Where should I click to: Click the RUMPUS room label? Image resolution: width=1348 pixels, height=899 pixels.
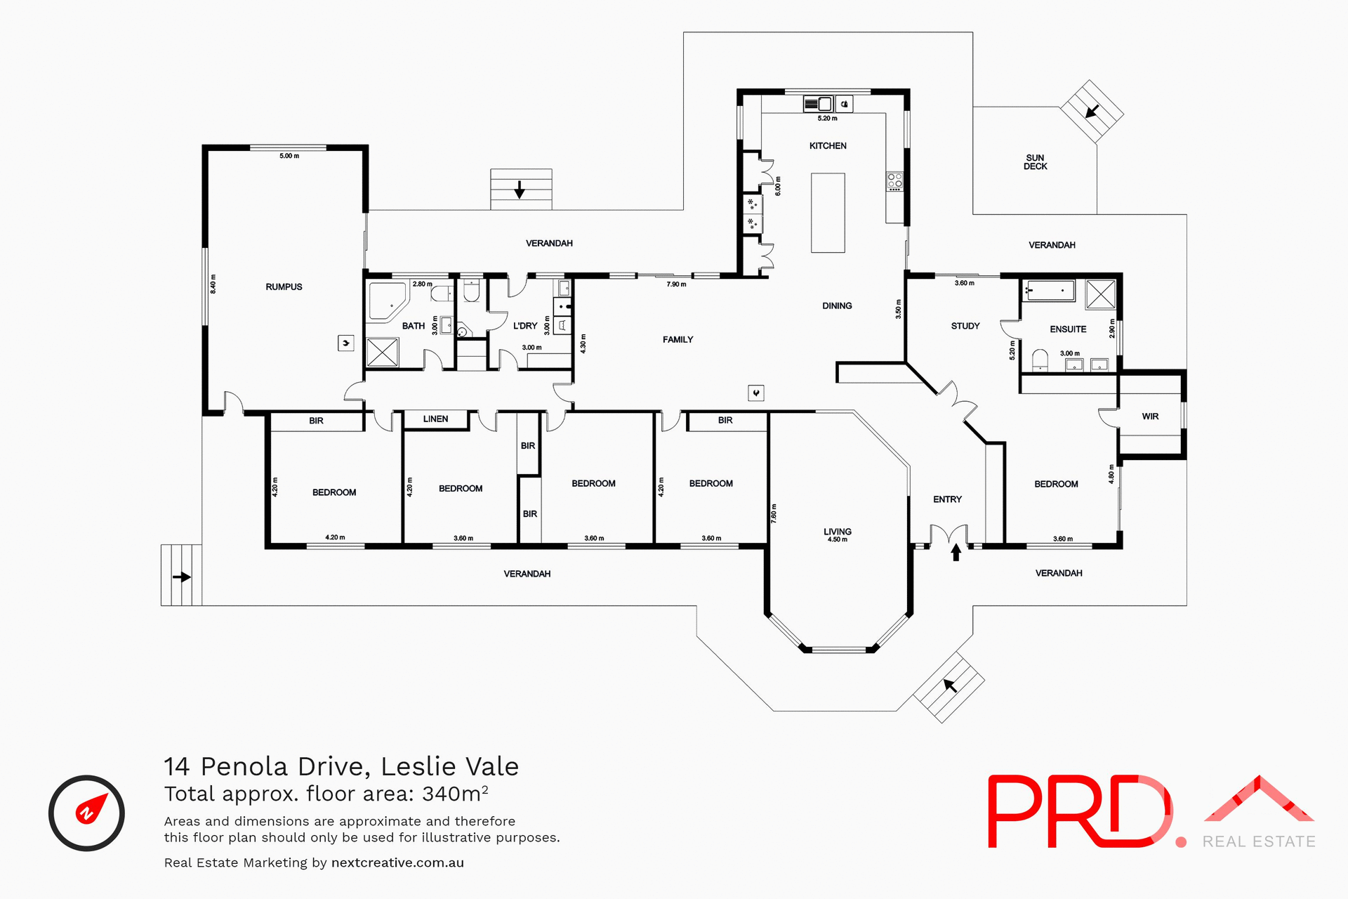(284, 287)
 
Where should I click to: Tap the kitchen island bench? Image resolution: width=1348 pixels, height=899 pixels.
(828, 213)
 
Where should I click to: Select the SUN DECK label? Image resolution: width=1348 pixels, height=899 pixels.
(1035, 162)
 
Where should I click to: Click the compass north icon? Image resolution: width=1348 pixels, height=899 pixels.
(86, 813)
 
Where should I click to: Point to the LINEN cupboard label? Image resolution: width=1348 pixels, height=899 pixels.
(435, 419)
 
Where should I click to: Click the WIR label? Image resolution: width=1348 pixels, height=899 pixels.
(1150, 416)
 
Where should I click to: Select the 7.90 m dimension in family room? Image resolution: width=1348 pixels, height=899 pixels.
(676, 284)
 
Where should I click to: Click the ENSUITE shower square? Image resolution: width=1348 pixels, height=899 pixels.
(1100, 294)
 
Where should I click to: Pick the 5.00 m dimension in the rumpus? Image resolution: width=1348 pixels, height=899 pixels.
(289, 156)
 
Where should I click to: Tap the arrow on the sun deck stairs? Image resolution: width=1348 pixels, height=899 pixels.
(1092, 111)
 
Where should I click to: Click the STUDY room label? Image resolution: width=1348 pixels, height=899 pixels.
(965, 326)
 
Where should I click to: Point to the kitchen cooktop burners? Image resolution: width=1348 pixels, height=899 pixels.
(894, 181)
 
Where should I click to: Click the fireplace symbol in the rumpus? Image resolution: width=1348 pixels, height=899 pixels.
(345, 343)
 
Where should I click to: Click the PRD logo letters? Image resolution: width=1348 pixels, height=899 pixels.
(1078, 812)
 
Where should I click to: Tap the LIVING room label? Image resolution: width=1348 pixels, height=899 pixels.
(837, 532)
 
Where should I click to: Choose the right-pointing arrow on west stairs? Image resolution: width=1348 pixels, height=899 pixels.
(182, 577)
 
